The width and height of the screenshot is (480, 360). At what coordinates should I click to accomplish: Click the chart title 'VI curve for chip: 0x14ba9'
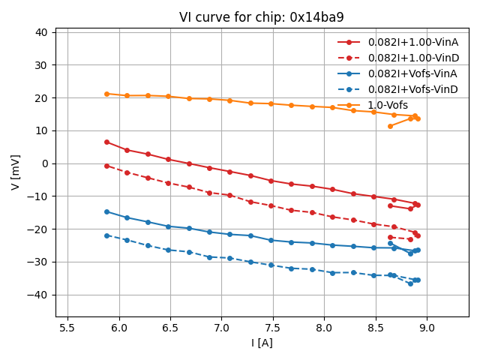(x=261, y=17)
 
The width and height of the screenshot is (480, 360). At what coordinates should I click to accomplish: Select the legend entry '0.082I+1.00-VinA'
(x=413, y=42)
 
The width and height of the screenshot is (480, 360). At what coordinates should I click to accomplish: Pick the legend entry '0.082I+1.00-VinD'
(x=413, y=58)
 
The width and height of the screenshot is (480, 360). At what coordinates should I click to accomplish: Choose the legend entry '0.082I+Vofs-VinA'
(x=413, y=73)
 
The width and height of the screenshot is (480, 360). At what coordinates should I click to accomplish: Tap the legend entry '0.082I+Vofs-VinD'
(x=413, y=89)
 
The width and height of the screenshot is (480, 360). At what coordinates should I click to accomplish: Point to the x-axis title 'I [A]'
(x=262, y=343)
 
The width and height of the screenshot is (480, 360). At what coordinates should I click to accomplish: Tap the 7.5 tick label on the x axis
(x=273, y=328)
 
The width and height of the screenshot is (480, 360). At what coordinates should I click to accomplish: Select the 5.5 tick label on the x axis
(x=67, y=328)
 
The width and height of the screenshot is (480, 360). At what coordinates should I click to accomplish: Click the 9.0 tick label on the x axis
(x=427, y=328)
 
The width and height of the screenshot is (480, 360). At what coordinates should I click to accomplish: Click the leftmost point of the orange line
(x=106, y=94)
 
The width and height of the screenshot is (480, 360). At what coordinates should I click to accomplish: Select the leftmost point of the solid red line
(x=106, y=142)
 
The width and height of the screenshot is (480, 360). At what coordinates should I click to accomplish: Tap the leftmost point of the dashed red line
(x=106, y=166)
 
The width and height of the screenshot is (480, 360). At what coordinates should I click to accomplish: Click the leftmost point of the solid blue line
(x=106, y=211)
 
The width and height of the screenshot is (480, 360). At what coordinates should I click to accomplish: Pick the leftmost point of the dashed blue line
(x=106, y=235)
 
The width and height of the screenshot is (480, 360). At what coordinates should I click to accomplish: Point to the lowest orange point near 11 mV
(x=390, y=126)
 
